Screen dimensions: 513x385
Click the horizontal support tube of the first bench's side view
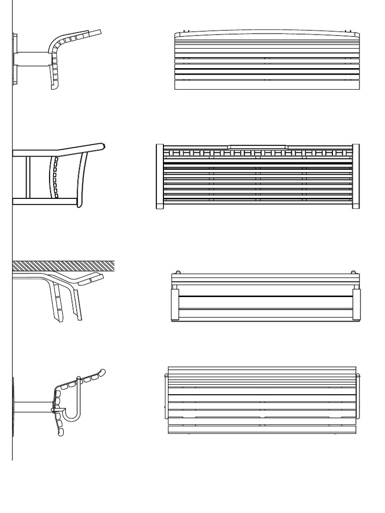point(31,59)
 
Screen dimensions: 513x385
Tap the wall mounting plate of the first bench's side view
point(15,59)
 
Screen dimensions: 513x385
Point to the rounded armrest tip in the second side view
point(102,146)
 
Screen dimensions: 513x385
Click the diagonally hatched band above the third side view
point(63,266)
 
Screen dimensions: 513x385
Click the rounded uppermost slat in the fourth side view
point(102,373)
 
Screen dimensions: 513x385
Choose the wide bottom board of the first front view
point(267,85)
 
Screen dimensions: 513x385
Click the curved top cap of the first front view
point(267,34)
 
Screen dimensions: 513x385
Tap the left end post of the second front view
point(159,176)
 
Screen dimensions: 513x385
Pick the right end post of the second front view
point(355,176)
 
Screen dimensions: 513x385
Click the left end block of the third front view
point(175,304)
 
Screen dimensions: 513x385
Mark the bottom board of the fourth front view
point(262,429)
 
